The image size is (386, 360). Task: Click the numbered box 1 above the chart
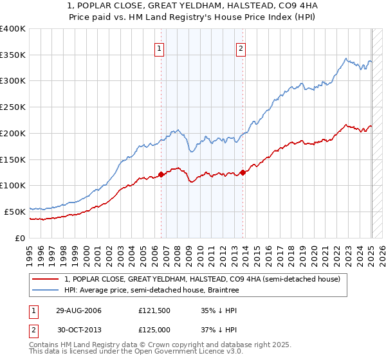pos(158,47)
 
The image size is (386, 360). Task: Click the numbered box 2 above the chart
pos(241,47)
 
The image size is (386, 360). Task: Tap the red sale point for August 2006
pos(161,174)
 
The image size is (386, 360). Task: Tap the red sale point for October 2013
pos(243,172)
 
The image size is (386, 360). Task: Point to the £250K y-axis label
pos(13,107)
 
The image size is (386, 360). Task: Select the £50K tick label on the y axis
pos(15,212)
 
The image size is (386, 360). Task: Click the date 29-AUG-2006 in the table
pos(78,310)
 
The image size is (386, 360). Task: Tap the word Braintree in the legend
pos(221,290)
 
